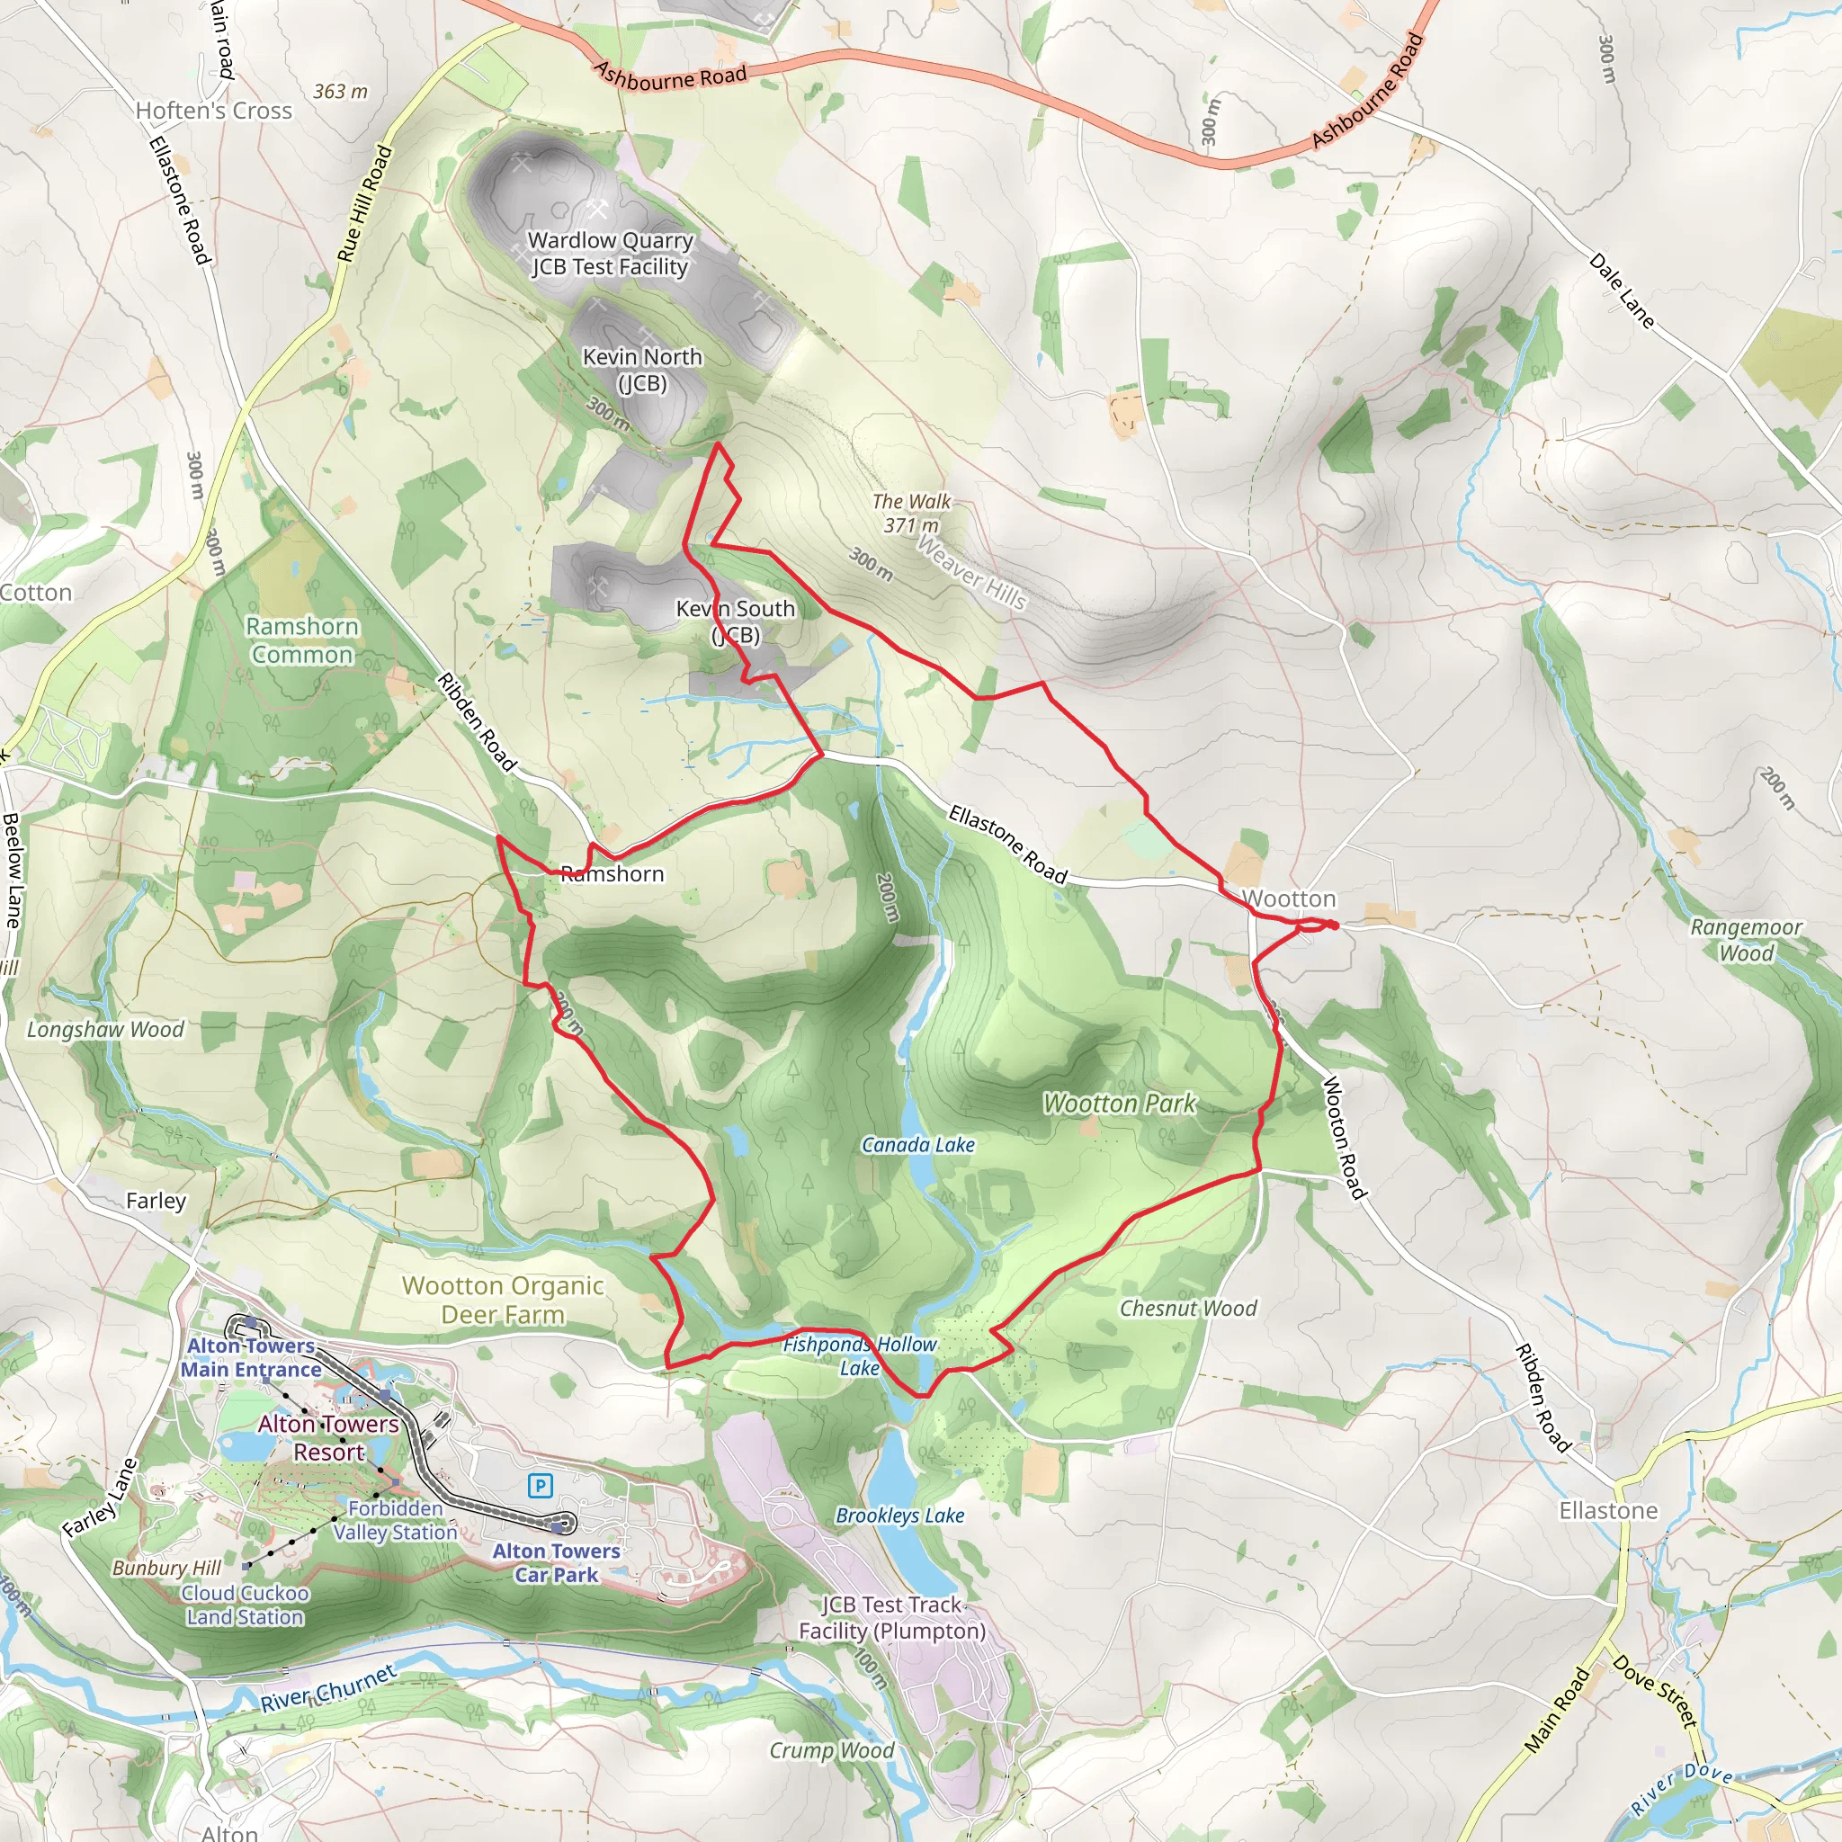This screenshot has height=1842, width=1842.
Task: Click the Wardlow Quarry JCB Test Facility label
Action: (x=610, y=254)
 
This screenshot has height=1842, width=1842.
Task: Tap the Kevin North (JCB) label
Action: (x=641, y=370)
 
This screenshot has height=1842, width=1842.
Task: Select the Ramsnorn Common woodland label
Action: (x=302, y=639)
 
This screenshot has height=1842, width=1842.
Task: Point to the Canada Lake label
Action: (x=917, y=1145)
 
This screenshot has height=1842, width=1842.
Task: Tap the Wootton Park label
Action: (x=1118, y=1103)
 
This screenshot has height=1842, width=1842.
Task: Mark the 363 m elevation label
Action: (x=340, y=92)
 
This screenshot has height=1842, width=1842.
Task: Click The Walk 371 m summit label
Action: (x=910, y=513)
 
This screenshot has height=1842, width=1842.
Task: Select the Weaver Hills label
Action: (x=971, y=572)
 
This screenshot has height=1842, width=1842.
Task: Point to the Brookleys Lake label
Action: (x=899, y=1515)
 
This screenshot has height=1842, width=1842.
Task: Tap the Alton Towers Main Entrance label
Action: (x=251, y=1357)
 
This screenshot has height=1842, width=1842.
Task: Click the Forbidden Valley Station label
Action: (x=395, y=1521)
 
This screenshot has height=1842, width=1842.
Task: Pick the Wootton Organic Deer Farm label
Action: (x=503, y=1300)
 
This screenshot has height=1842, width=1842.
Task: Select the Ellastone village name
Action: (x=1607, y=1510)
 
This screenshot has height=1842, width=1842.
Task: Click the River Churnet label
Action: (x=328, y=1688)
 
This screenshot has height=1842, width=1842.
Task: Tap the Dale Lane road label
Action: (x=1621, y=291)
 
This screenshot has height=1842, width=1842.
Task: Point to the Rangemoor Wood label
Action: (x=1746, y=939)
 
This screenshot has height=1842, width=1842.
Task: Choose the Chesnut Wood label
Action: (x=1187, y=1308)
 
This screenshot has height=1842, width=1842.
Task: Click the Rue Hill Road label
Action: (x=364, y=203)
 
